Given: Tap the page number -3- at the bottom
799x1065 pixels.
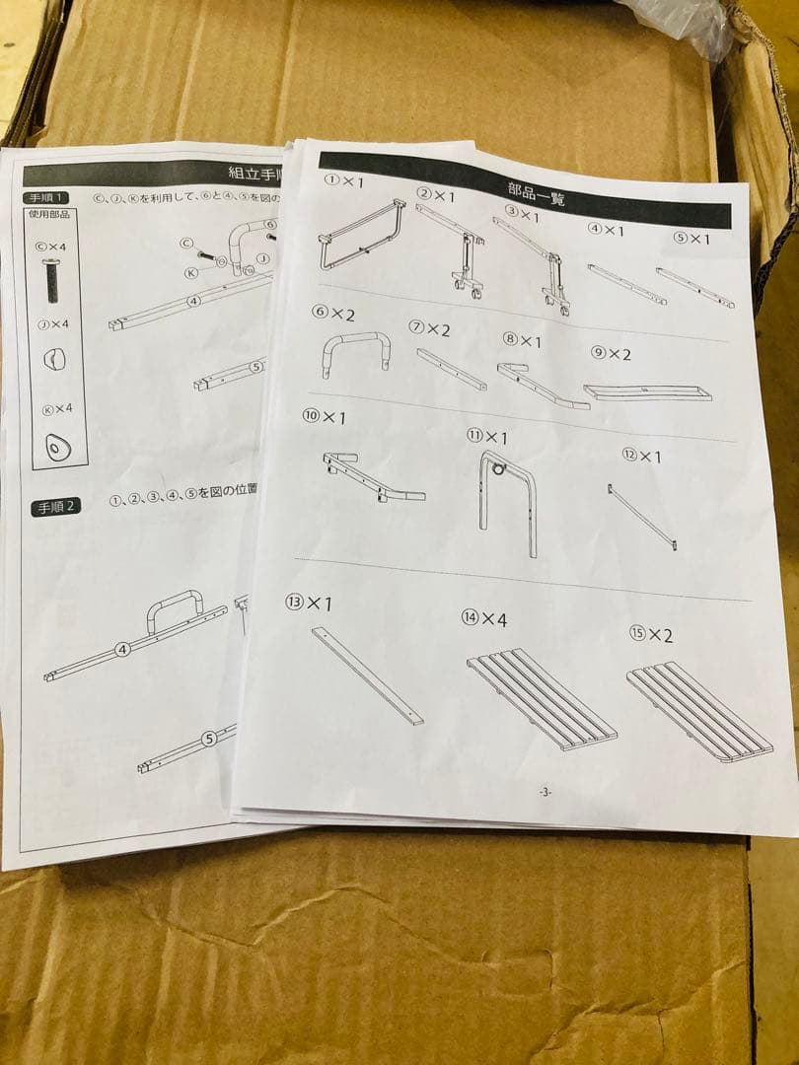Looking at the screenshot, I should [x=545, y=792].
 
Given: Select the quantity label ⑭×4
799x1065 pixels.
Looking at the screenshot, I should [x=484, y=618].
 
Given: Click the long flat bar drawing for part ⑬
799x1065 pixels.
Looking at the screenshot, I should [x=367, y=675].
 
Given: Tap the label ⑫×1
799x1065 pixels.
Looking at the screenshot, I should [x=642, y=456].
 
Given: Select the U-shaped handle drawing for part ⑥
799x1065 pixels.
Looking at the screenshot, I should [x=355, y=353].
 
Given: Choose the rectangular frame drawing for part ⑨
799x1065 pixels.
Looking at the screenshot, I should [x=647, y=392].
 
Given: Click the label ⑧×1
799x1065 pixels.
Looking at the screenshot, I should [x=522, y=340].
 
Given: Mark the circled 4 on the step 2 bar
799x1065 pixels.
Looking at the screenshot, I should [x=122, y=649].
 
